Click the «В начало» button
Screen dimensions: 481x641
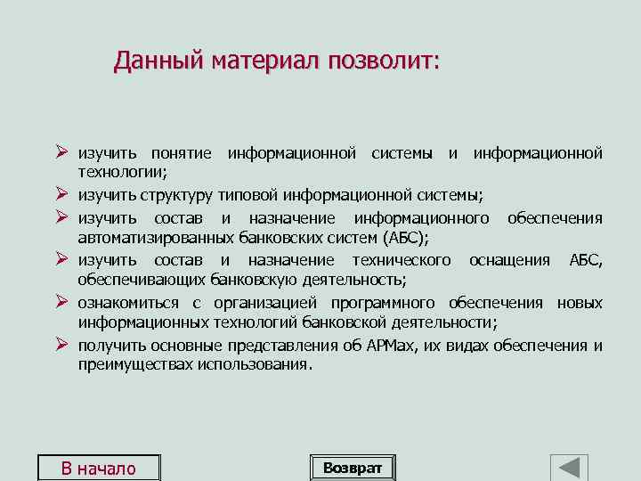click(x=98, y=469)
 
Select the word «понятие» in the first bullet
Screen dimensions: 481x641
click(x=181, y=153)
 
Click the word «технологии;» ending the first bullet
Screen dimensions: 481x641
click(x=117, y=172)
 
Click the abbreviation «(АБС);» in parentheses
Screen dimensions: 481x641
click(x=404, y=237)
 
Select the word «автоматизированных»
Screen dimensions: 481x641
click(x=156, y=237)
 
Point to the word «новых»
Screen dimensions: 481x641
click(x=580, y=303)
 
